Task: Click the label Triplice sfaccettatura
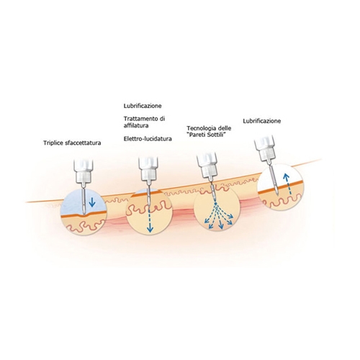pos(72,143)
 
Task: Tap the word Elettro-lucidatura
pos(148,139)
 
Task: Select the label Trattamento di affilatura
pos(144,122)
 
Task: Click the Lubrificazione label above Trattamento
pos(143,106)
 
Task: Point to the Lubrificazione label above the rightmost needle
pos(262,121)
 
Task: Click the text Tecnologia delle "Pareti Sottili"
pos(209,131)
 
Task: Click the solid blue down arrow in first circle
pos(92,202)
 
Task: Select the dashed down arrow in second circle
pos(150,220)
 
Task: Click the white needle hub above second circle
pos(148,171)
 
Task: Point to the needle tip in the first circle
pos(84,213)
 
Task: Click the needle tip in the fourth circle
pos(277,192)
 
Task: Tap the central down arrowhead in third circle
pos(221,226)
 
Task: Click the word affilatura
pos(136,125)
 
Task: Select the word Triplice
pos(53,143)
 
